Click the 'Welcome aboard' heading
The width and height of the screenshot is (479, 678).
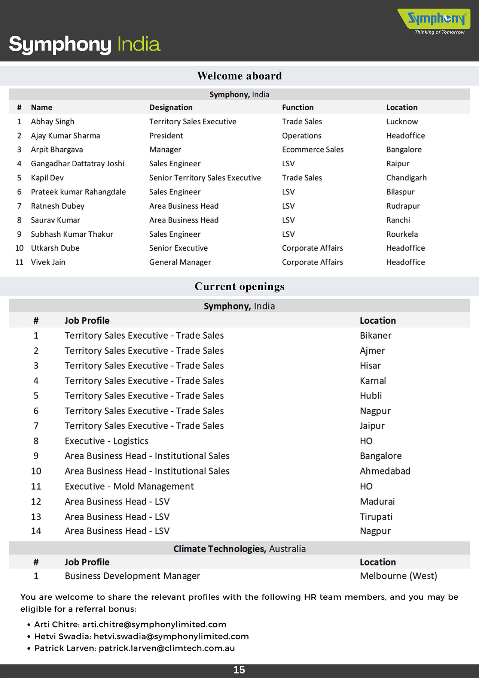pyautogui.click(x=239, y=76)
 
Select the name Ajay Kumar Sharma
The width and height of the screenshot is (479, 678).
pyautogui.click(x=65, y=136)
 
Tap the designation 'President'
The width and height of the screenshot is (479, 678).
pyautogui.click(x=166, y=136)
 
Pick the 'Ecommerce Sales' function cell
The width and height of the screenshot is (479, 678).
pyautogui.click(x=313, y=149)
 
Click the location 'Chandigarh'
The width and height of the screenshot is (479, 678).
pyautogui.click(x=406, y=178)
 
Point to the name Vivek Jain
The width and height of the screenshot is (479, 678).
pyautogui.click(x=48, y=262)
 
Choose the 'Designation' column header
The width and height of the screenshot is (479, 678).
pyautogui.click(x=171, y=108)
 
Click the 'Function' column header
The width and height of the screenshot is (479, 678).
pyautogui.click(x=298, y=108)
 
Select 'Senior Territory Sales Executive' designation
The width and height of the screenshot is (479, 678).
pyautogui.click(x=205, y=178)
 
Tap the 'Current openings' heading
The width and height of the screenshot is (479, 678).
pyautogui.click(x=239, y=287)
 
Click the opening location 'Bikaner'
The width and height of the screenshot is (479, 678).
pyautogui.click(x=376, y=336)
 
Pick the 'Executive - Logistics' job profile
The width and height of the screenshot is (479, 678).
pyautogui.click(x=107, y=441)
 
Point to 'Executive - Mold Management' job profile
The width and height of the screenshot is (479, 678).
pyautogui.click(x=129, y=486)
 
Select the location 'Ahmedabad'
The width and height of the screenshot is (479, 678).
pyautogui.click(x=385, y=471)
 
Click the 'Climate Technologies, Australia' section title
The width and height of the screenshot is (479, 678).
pyautogui.click(x=239, y=549)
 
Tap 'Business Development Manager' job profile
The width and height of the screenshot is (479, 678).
pyautogui.click(x=132, y=576)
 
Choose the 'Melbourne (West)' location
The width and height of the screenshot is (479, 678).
pyautogui.click(x=399, y=576)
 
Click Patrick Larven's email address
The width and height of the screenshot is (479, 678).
pyautogui.click(x=167, y=648)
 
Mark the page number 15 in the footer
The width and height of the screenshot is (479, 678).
pyautogui.click(x=239, y=670)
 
